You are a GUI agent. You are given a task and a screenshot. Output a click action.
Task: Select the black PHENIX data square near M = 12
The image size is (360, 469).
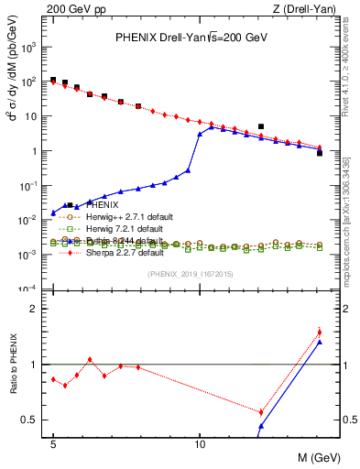pos(261,126)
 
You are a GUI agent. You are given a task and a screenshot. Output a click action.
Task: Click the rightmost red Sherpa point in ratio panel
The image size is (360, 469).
pos(320,333)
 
